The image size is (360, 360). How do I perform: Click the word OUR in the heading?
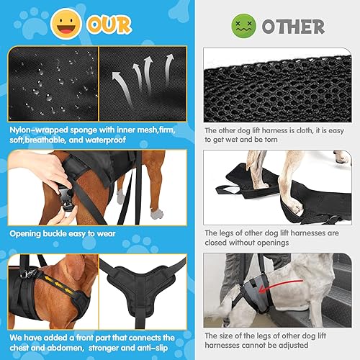click(x=109, y=25)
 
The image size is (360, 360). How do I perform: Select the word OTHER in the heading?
click(x=292, y=27)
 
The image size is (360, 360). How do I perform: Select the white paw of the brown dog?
click(x=156, y=213)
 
